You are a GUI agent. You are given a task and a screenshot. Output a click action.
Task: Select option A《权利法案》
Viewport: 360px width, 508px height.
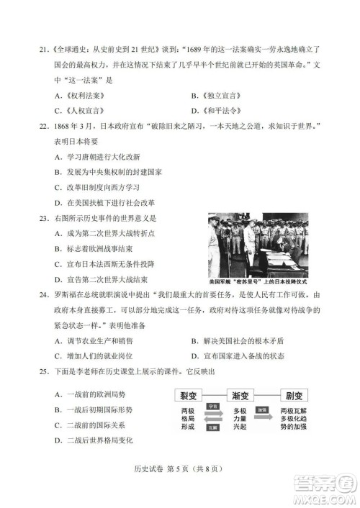tap(81, 96)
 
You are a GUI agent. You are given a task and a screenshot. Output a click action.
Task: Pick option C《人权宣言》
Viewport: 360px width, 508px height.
tap(81, 111)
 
